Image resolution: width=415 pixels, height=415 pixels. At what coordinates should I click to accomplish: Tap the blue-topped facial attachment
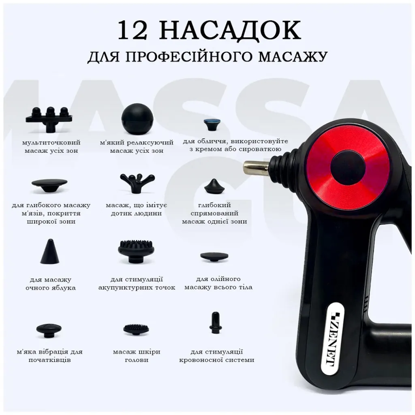tap(214, 124)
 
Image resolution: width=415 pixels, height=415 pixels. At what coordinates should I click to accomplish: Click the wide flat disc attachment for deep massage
tap(49, 186)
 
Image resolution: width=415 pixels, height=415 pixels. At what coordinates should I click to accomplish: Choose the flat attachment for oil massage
tap(214, 257)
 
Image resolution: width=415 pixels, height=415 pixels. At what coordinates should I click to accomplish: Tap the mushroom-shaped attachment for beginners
tap(49, 331)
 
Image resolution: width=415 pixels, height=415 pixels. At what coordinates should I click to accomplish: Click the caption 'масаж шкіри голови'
tap(137, 356)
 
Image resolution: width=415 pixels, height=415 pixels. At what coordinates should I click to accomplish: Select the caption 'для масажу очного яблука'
tap(51, 283)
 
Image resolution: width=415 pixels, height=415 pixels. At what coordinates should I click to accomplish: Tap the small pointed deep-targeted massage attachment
tap(214, 186)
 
